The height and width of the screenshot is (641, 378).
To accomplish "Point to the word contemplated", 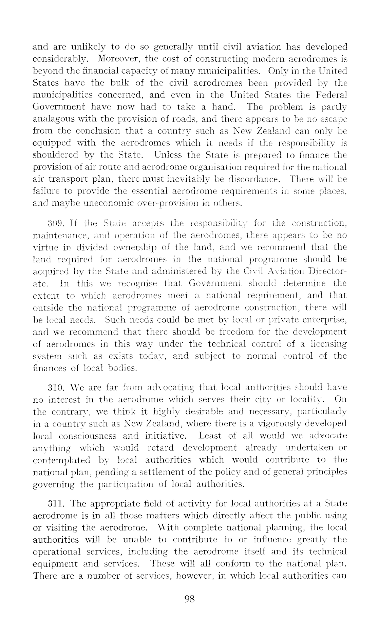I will pyautogui.click(x=62, y=460).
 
